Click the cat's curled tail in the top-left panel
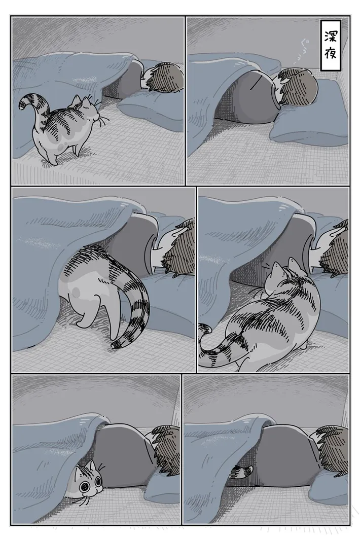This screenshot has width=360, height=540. pyautogui.click(x=28, y=104)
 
